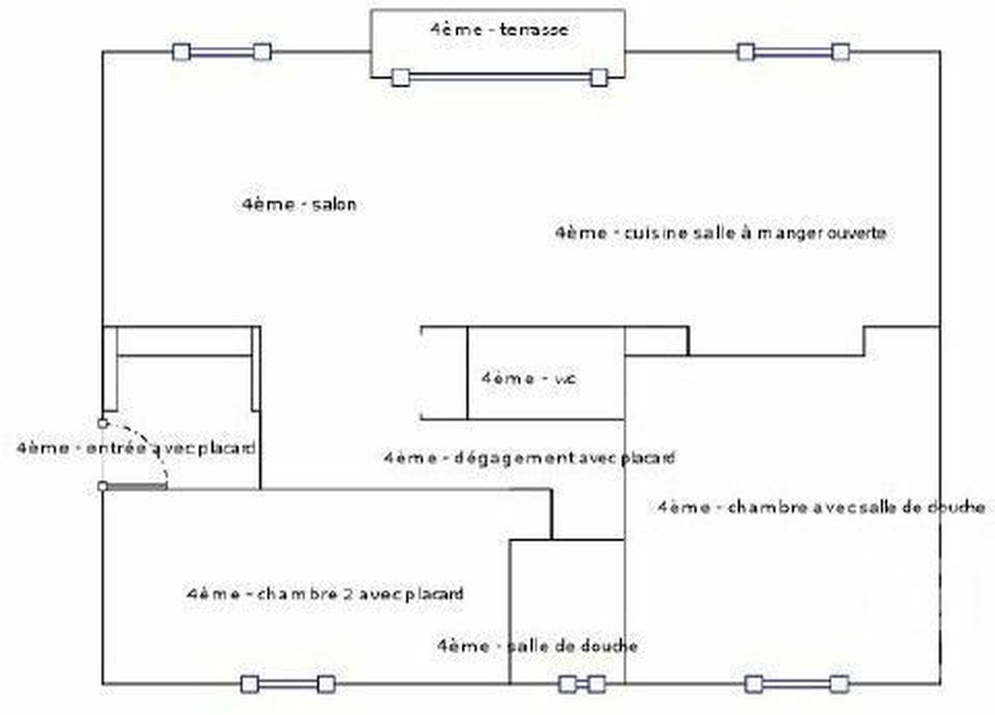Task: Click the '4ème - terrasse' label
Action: pyautogui.click(x=499, y=29)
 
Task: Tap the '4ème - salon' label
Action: pyautogui.click(x=299, y=204)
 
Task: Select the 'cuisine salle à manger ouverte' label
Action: pyautogui.click(x=721, y=233)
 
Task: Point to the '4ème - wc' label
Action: pyautogui.click(x=529, y=378)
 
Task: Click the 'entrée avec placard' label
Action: pyautogui.click(x=136, y=448)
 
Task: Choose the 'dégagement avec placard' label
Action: pyautogui.click(x=529, y=458)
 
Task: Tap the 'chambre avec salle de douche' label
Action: pyautogui.click(x=821, y=507)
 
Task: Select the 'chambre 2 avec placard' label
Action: pyautogui.click(x=325, y=594)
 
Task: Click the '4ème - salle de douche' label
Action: pyautogui.click(x=537, y=646)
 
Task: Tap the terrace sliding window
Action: pyautogui.click(x=499, y=77)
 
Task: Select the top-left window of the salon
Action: pyautogui.click(x=222, y=52)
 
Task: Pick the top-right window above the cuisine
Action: pyautogui.click(x=793, y=52)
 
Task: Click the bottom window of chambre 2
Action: pyautogui.click(x=288, y=684)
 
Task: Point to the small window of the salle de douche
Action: pyautogui.click(x=582, y=684)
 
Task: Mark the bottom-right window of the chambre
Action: pyautogui.click(x=796, y=684)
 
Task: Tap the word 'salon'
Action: pyautogui.click(x=334, y=204)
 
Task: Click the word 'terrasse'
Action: pyautogui.click(x=534, y=29)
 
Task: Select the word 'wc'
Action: pyautogui.click(x=565, y=378)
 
